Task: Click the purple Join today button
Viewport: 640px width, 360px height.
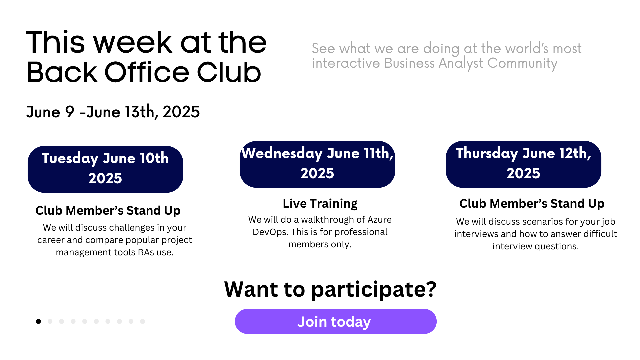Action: pos(336,321)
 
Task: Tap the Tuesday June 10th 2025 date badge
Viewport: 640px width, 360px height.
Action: pos(105,169)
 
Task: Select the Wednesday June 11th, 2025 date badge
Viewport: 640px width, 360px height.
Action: pos(317,164)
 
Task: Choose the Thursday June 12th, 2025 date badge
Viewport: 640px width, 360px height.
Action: pos(523,164)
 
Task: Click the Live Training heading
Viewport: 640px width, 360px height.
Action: pos(320,203)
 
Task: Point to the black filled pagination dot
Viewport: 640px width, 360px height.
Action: pos(38,321)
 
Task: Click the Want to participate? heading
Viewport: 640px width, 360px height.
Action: pos(330,289)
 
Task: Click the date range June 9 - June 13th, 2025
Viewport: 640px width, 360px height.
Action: pos(113,112)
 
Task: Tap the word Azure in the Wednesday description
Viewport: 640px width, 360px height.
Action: pos(379,220)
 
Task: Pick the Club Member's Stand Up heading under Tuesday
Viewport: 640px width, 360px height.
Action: pos(108,211)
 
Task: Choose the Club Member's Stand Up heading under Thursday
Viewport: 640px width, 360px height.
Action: pos(532,203)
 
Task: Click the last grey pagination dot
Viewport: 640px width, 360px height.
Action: pos(142,321)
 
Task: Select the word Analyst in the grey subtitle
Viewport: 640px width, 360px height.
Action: pos(461,63)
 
